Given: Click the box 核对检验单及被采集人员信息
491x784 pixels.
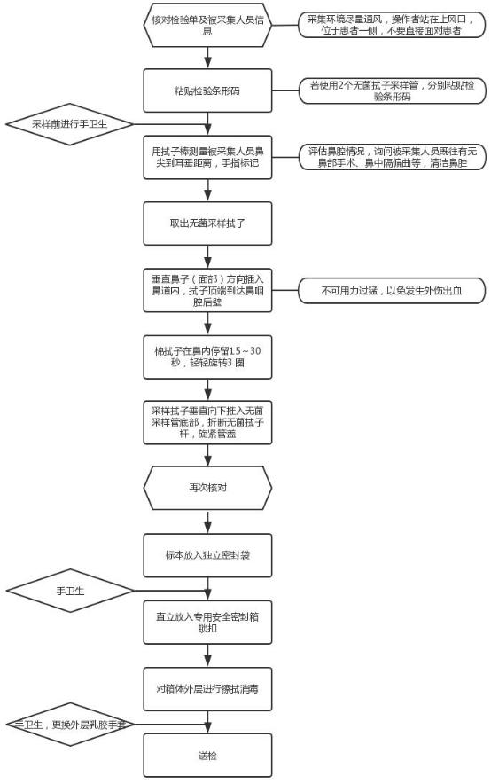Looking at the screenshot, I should (x=207, y=24).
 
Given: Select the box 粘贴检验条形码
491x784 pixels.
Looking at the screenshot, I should (x=207, y=90).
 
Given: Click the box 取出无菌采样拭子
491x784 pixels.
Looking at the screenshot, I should (x=207, y=223).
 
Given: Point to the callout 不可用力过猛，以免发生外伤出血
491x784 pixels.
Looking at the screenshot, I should (x=391, y=290).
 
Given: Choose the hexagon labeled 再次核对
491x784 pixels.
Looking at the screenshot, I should (x=207, y=488).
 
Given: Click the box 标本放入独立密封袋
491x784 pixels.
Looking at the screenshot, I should (x=207, y=554).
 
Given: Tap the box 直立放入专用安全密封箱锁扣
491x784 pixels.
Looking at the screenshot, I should (x=207, y=620).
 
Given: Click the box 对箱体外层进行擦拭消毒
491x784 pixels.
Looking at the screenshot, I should (x=207, y=687).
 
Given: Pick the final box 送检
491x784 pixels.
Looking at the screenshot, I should (x=207, y=756).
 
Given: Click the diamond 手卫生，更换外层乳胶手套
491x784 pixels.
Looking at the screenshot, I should (x=69, y=725).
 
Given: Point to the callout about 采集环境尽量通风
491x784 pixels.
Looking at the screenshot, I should (x=391, y=24).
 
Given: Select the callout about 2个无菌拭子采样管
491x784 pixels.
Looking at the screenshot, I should (x=391, y=90).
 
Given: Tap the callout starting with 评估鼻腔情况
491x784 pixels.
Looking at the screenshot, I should (x=391, y=157).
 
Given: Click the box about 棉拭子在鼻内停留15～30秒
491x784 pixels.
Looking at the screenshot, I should (x=207, y=357).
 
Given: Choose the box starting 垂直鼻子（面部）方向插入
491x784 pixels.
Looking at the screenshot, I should (x=207, y=290).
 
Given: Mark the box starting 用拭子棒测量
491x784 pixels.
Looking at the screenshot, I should (x=207, y=157).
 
